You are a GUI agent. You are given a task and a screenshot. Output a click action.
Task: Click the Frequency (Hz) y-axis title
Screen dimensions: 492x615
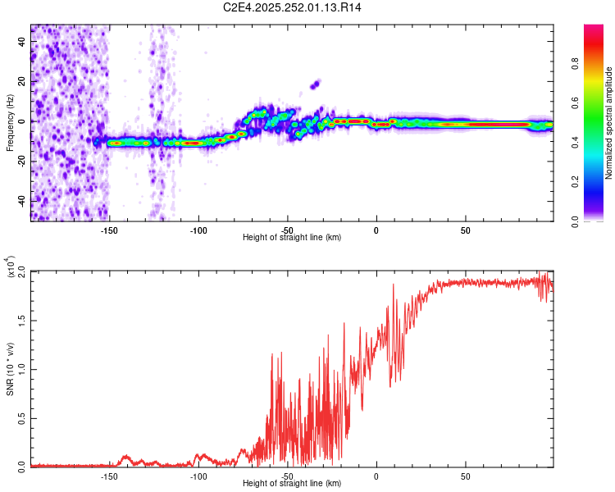click(x=10, y=123)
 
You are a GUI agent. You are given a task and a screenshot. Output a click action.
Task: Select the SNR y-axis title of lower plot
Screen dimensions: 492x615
click(x=10, y=369)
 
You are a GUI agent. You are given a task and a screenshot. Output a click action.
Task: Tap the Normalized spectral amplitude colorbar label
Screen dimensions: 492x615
click(x=609, y=123)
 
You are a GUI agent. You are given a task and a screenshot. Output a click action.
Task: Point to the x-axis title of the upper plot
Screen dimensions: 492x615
click(x=292, y=237)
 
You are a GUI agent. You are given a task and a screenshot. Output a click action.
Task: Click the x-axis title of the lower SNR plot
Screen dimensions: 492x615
click(x=292, y=483)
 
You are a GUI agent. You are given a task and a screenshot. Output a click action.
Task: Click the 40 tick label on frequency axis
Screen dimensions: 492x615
click(x=22, y=41)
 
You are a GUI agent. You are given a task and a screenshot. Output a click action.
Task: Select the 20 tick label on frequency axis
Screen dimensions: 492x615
click(x=22, y=81)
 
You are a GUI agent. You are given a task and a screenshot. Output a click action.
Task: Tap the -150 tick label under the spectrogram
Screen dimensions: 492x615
click(x=109, y=230)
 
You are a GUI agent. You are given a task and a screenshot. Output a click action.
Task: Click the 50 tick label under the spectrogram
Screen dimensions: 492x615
click(x=465, y=230)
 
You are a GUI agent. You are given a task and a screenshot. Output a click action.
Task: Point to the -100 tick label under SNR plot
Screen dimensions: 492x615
click(x=198, y=476)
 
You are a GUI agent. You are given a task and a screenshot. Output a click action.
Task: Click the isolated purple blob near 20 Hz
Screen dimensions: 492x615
click(x=314, y=84)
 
